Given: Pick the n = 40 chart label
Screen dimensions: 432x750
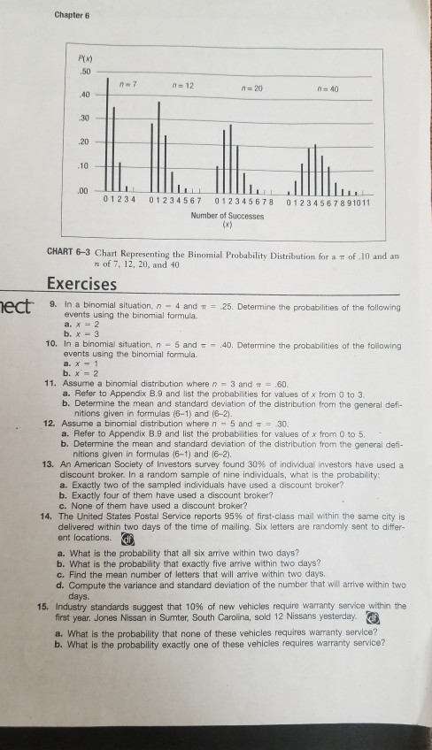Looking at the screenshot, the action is coord(341,86).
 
